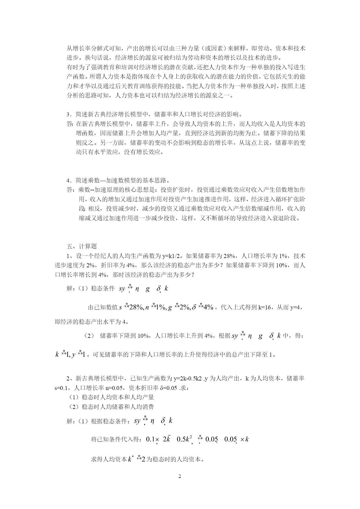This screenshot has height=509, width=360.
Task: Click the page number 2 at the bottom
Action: pos(180,476)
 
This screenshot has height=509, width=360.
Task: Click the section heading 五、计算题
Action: pos(82,246)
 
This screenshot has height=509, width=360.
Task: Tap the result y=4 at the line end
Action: pos(296,307)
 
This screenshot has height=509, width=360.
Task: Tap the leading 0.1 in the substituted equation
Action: pos(150,439)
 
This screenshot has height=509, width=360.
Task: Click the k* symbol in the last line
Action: pos(131,459)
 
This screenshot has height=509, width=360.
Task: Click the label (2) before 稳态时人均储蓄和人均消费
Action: pos(75,407)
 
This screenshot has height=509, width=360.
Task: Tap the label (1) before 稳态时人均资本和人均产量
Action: pos(75,397)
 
